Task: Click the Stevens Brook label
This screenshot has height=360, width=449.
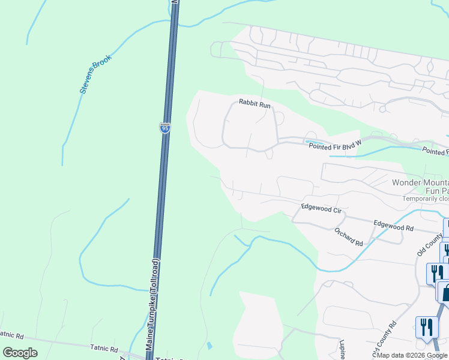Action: click(x=94, y=77)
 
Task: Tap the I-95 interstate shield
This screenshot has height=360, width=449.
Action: click(x=165, y=127)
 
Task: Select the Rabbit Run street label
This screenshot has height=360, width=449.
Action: click(x=255, y=104)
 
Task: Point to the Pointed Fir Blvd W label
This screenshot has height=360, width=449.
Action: click(x=336, y=145)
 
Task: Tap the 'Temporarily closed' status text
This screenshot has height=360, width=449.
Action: click(x=426, y=199)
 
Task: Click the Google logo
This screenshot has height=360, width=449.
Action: click(x=20, y=353)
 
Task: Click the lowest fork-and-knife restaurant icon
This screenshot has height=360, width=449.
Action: click(x=427, y=328)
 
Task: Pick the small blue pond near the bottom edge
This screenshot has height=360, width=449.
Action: click(x=208, y=346)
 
